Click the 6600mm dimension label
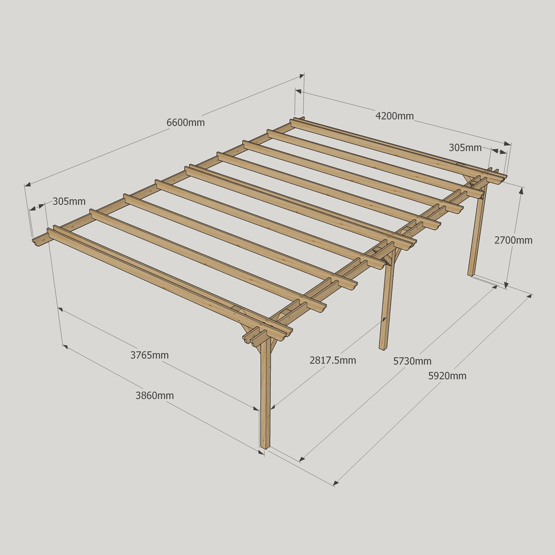pyautogui.click(x=185, y=123)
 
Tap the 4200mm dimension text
pyautogui.click(x=394, y=116)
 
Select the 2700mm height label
pyautogui.click(x=513, y=240)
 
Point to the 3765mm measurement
pyautogui.click(x=149, y=355)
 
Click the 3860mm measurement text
pyautogui.click(x=155, y=395)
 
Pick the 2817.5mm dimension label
pyautogui.click(x=332, y=360)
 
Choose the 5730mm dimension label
pyautogui.click(x=412, y=361)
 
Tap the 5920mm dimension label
pyautogui.click(x=447, y=376)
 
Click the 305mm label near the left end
pyautogui.click(x=69, y=201)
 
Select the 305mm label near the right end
pyautogui.click(x=465, y=148)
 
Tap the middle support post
pyautogui.click(x=386, y=304)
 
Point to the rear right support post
pyautogui.click(x=477, y=230)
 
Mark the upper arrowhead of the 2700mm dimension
pyautogui.click(x=521, y=191)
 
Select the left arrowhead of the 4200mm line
pyautogui.click(x=299, y=92)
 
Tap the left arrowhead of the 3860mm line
pyautogui.click(x=65, y=346)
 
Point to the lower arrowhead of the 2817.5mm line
pyautogui.click(x=273, y=407)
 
